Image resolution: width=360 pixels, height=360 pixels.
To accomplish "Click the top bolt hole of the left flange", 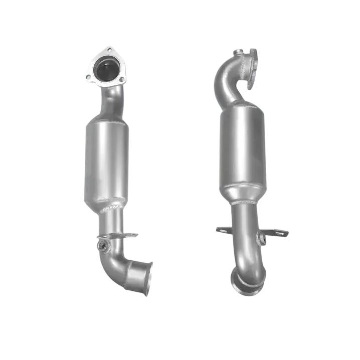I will [109, 50].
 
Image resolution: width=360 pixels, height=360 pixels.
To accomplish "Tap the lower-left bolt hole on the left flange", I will [89, 77].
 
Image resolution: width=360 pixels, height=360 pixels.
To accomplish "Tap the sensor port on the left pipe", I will [102, 246].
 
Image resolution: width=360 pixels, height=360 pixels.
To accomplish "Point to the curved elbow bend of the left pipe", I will [117, 266].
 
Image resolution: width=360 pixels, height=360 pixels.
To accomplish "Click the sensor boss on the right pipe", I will [260, 239].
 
